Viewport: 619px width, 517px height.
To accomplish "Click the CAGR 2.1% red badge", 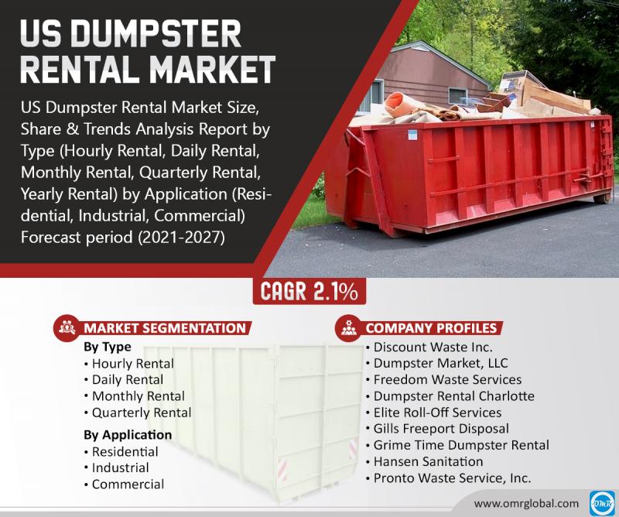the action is pos(309,292).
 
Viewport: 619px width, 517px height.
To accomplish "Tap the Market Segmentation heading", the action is pos(165,328).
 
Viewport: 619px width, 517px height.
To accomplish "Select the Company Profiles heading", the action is pos(431,328).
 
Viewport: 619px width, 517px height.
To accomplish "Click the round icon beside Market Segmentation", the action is pos(67,328).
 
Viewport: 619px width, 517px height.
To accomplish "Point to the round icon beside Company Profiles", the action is pos(348,328).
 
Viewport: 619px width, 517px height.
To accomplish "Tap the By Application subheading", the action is pos(128,435).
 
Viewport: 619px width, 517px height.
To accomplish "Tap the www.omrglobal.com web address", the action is pos(526,504).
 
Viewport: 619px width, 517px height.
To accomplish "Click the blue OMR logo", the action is pos(602,503).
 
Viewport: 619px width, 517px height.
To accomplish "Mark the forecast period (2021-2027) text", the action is pos(123,238).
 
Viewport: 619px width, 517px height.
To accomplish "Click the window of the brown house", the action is pos(457,96).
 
